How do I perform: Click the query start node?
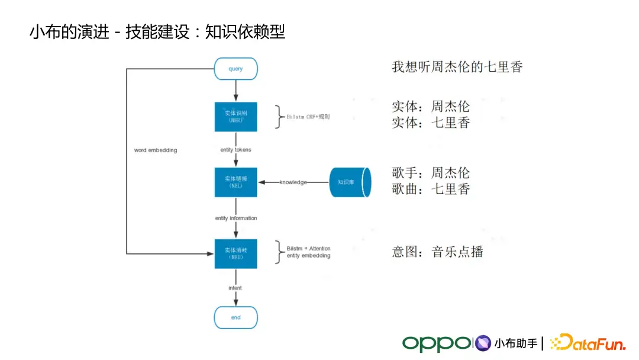click(x=235, y=69)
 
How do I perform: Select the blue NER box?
click(x=235, y=117)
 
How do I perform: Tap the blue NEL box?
click(x=235, y=182)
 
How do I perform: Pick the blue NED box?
click(x=235, y=253)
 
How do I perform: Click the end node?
click(x=235, y=317)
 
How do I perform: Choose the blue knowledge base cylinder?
click(x=350, y=182)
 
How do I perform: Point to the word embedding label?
click(x=156, y=150)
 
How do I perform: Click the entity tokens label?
click(x=235, y=150)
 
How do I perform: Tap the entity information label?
click(x=235, y=218)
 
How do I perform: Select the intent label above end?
click(x=235, y=288)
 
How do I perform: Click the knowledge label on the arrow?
click(x=293, y=182)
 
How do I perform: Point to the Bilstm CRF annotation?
click(x=308, y=117)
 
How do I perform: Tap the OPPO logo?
click(x=437, y=343)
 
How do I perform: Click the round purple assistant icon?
click(x=483, y=343)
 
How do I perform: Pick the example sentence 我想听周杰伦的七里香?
click(x=457, y=67)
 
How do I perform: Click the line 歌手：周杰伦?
click(x=431, y=173)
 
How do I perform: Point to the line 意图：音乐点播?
click(x=437, y=252)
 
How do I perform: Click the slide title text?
click(x=157, y=32)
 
